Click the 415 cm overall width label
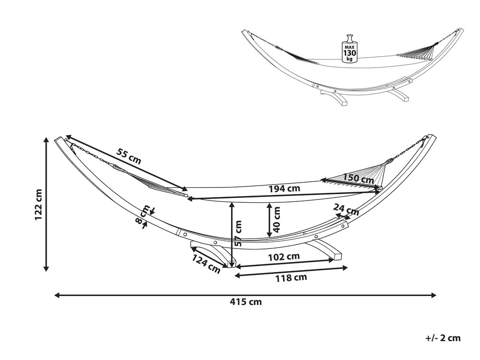pos(246,302)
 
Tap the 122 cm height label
pos(38,205)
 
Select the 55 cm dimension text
pos(129,156)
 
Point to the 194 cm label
pos(284,188)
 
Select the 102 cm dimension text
pos(284,257)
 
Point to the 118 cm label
pos(291,278)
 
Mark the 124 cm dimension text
pos(206,264)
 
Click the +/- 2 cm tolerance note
pos(443,338)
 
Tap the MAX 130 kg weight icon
pos(350,49)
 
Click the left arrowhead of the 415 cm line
pos(57,295)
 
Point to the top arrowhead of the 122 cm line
pos(46,140)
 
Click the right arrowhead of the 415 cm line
pos(433,295)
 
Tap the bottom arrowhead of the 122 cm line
pos(46,268)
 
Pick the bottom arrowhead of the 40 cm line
pos(270,235)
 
